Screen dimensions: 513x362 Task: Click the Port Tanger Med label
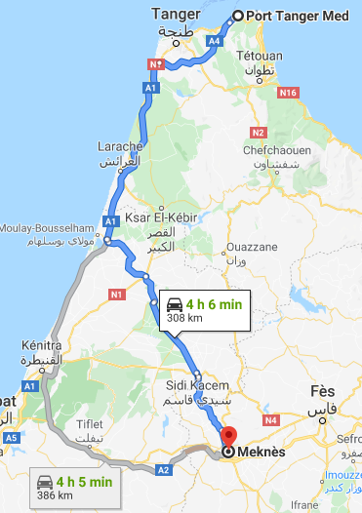(298, 16)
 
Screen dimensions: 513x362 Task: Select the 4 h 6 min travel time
(213, 303)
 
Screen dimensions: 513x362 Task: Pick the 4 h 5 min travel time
(85, 481)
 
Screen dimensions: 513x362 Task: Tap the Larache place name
(120, 146)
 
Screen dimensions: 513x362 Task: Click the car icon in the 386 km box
(45, 481)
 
